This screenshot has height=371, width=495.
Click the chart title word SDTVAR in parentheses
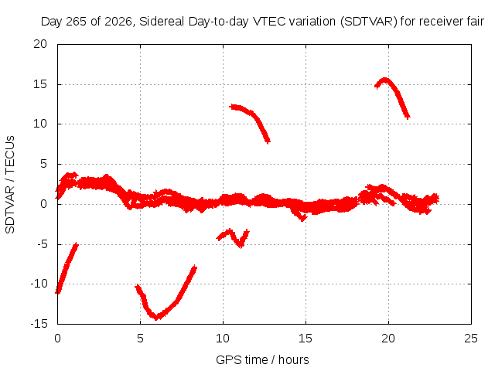pyautogui.click(x=369, y=22)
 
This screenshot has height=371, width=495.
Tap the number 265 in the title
pyautogui.click(x=76, y=22)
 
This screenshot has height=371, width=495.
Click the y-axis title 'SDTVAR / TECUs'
pyautogui.click(x=10, y=185)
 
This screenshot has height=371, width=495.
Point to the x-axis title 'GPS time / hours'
pyautogui.click(x=262, y=359)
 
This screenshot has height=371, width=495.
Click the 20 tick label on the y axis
pyautogui.click(x=40, y=44)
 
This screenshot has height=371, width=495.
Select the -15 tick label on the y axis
pyautogui.click(x=39, y=324)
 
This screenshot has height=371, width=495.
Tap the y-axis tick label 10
pyautogui.click(x=40, y=124)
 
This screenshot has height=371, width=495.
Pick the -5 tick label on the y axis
pyautogui.click(x=43, y=244)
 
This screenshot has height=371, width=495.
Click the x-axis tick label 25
pyautogui.click(x=471, y=339)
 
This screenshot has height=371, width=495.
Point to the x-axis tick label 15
pyautogui.click(x=306, y=339)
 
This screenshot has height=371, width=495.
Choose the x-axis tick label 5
pyautogui.click(x=140, y=339)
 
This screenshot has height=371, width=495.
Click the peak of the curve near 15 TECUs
pyautogui.click(x=385, y=80)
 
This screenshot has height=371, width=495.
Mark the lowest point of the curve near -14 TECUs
pyautogui.click(x=157, y=317)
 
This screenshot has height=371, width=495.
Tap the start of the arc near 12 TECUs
pyautogui.click(x=231, y=107)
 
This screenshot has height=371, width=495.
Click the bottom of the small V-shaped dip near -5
pyautogui.click(x=241, y=245)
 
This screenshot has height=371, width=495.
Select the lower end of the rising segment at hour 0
pyautogui.click(x=58, y=291)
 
